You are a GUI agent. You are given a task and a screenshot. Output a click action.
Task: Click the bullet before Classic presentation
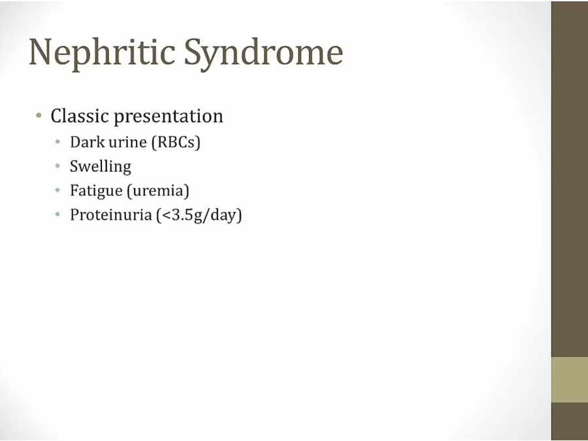[39, 115]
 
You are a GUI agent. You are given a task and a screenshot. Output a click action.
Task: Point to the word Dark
[88, 142]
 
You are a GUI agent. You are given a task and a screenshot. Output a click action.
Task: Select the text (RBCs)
[176, 142]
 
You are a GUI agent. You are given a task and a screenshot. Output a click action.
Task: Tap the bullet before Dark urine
[57, 142]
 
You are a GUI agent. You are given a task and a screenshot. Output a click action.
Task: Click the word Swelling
[101, 167]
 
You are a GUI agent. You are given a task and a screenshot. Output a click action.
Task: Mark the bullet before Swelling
[57, 166]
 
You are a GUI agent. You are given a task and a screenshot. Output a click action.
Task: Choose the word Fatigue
[97, 191]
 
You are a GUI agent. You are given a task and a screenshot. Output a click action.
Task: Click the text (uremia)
[158, 191]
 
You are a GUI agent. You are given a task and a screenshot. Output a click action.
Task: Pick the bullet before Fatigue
[57, 190]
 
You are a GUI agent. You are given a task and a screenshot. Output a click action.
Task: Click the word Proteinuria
[110, 215]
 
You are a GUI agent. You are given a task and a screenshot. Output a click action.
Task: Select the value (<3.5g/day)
[199, 215]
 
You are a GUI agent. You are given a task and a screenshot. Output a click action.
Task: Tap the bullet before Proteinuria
[57, 214]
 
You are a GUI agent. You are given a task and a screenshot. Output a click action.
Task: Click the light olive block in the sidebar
[570, 380]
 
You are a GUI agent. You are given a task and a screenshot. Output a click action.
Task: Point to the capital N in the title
[40, 52]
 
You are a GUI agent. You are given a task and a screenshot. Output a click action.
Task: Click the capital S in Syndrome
[192, 52]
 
